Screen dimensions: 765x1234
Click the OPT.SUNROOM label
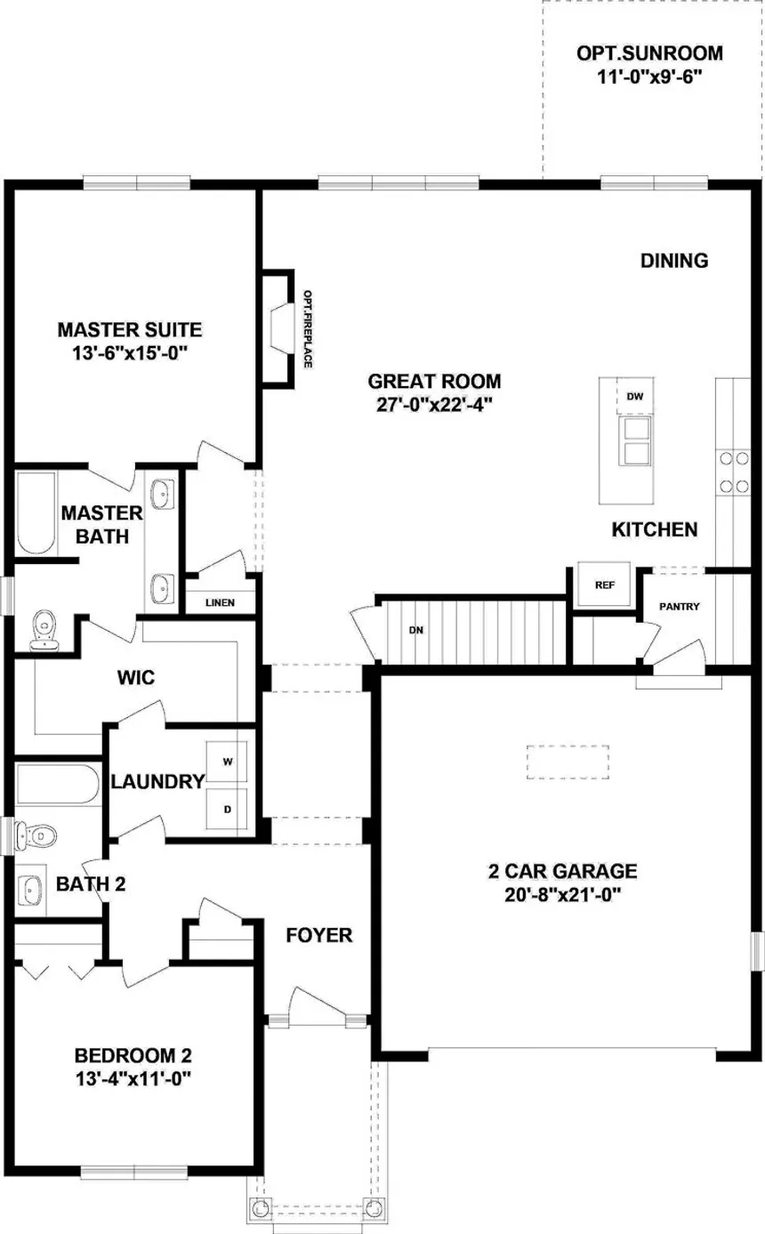pyautogui.click(x=649, y=53)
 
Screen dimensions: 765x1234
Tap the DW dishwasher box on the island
pyautogui.click(x=635, y=396)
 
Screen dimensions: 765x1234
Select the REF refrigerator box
pyautogui.click(x=604, y=585)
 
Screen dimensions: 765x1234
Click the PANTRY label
pyautogui.click(x=679, y=607)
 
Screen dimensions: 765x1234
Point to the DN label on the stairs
pyautogui.click(x=416, y=630)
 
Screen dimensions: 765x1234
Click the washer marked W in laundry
pyautogui.click(x=227, y=762)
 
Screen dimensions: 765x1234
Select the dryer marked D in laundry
pyautogui.click(x=227, y=809)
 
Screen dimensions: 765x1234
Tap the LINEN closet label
pyautogui.click(x=221, y=602)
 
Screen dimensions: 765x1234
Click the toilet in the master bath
pyautogui.click(x=44, y=630)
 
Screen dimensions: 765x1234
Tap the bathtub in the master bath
pyautogui.click(x=36, y=513)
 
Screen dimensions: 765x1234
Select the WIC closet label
pyautogui.click(x=136, y=678)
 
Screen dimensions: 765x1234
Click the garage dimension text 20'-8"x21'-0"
pyautogui.click(x=563, y=895)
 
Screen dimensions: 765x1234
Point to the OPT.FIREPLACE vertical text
pyautogui.click(x=308, y=329)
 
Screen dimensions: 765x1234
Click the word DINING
pyautogui.click(x=674, y=261)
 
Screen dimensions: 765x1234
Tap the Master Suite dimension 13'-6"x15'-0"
pyautogui.click(x=130, y=353)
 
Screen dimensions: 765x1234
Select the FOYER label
pyautogui.click(x=319, y=935)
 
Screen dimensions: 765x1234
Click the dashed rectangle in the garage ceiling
pyautogui.click(x=568, y=762)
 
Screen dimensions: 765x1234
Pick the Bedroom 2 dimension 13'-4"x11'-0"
pyautogui.click(x=133, y=1078)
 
